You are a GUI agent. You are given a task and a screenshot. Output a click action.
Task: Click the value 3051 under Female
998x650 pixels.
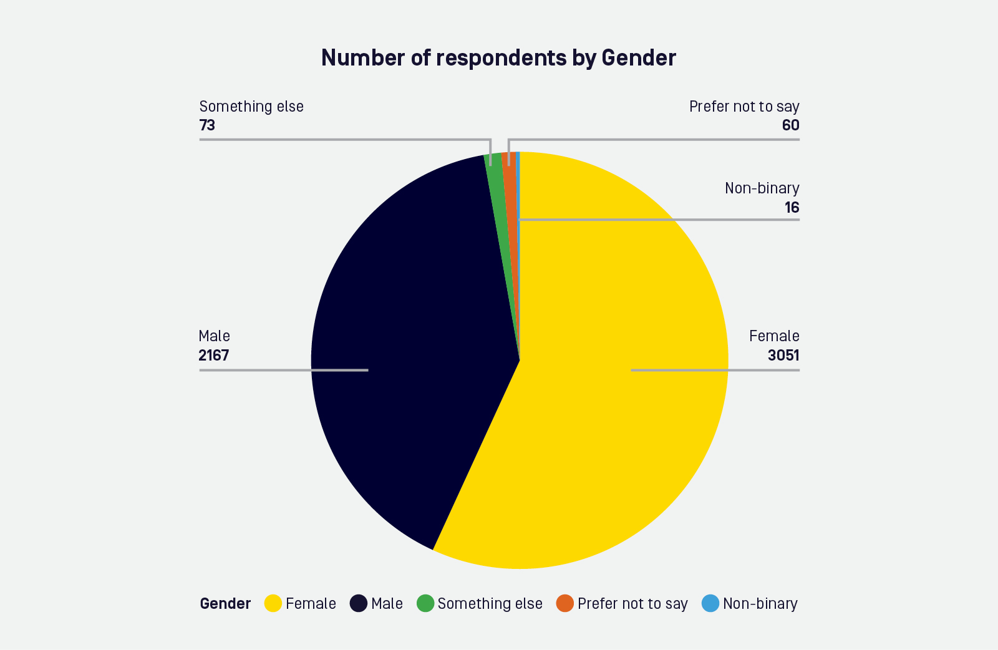(783, 356)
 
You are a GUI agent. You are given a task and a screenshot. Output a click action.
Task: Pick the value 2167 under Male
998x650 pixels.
(214, 356)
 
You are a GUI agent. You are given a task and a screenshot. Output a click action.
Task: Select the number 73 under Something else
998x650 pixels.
(207, 125)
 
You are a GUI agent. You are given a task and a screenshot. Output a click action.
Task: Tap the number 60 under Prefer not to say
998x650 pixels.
(790, 125)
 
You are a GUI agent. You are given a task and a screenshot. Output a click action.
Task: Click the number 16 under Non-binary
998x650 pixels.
(792, 208)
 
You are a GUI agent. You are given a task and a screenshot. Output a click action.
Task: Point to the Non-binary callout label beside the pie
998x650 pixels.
(762, 188)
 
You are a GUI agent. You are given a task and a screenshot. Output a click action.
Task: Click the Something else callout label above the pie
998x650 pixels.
(251, 107)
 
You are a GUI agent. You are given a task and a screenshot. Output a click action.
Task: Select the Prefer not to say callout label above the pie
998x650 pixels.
(744, 107)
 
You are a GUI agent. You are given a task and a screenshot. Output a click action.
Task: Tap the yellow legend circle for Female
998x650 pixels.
(273, 603)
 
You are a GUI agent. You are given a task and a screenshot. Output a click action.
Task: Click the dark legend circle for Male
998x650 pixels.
(359, 603)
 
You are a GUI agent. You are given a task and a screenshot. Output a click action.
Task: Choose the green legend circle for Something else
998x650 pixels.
(425, 603)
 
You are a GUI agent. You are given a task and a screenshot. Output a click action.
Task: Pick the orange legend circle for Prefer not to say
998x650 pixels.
(565, 603)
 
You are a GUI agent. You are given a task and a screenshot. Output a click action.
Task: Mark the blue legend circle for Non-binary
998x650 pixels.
(710, 603)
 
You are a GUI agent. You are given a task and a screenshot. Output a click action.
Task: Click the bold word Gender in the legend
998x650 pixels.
(225, 604)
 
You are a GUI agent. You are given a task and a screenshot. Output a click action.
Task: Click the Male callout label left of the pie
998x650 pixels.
(214, 336)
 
